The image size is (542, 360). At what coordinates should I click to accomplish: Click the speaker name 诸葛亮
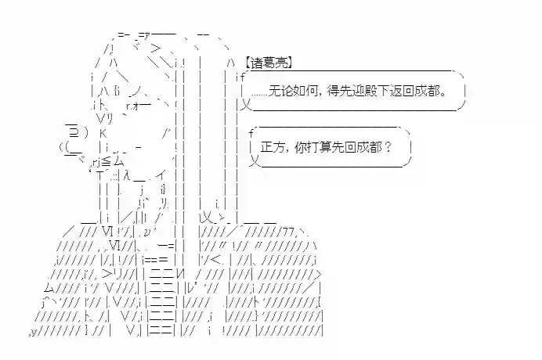point(267,63)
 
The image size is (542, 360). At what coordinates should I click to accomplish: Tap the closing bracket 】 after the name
point(289,63)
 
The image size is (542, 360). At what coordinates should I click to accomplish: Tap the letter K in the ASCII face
point(103,132)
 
